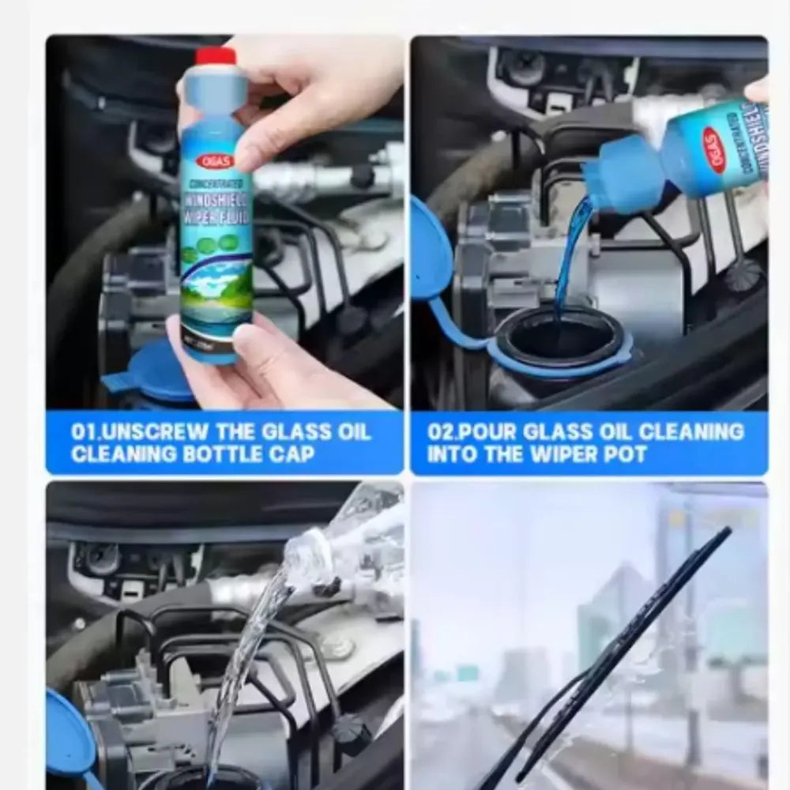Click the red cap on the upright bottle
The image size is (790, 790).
click(x=216, y=56)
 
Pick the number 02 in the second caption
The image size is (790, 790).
click(x=440, y=432)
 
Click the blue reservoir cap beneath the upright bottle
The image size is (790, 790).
click(x=154, y=371)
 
